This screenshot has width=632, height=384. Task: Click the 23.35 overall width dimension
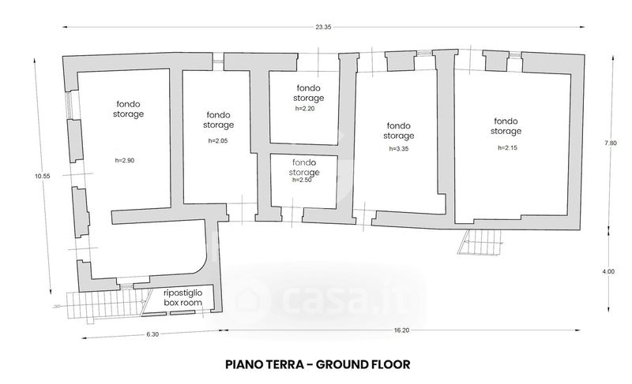(323, 28)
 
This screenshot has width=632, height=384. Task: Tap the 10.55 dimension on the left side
(43, 176)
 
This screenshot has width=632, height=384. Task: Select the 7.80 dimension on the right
(611, 143)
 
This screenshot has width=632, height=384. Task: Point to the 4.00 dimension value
(608, 271)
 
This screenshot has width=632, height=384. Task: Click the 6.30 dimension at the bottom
(152, 334)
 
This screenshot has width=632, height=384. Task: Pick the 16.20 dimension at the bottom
(401, 330)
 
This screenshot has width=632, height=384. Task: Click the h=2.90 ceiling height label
(125, 160)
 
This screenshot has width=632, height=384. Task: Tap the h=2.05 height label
(218, 140)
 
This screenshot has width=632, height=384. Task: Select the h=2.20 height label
(305, 108)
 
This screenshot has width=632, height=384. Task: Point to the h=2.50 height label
(303, 180)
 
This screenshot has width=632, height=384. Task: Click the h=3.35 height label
(399, 148)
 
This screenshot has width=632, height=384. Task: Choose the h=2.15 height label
(507, 147)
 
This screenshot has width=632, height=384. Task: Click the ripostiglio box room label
(183, 297)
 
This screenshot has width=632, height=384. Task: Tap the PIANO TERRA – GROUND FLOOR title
(318, 365)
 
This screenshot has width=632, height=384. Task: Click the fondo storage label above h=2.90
(128, 110)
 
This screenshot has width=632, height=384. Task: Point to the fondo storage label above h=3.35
(399, 131)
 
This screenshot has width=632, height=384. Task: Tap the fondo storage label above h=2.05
(219, 120)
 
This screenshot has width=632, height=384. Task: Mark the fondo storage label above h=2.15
(506, 126)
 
